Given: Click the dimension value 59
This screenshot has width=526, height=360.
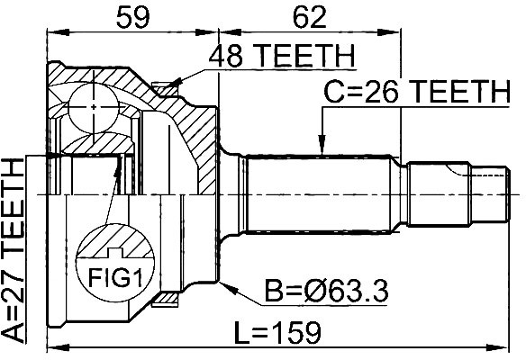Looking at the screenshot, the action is click(132, 17).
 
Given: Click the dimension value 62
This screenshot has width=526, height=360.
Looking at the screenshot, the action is click(309, 17).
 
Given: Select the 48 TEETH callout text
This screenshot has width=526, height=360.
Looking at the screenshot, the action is click(281, 56).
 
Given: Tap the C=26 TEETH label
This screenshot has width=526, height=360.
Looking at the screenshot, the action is click(416, 92).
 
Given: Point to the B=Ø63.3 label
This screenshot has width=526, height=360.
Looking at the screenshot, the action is click(326, 291).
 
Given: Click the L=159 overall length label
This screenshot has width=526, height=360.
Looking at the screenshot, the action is click(277, 332).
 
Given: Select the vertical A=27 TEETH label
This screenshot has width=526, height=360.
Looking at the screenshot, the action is click(14, 249).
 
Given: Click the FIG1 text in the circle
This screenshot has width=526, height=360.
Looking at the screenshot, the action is click(115, 278).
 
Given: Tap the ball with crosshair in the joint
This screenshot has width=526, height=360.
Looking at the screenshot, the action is click(94, 107).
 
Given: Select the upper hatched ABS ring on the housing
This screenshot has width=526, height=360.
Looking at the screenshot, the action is click(164, 89).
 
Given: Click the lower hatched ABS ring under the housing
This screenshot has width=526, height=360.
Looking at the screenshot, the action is click(164, 300).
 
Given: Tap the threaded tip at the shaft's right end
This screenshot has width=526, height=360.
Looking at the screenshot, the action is click(490, 194).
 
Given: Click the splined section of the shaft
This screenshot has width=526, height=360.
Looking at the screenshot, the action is click(318, 194).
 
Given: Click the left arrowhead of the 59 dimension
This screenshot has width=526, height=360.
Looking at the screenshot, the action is click(58, 32).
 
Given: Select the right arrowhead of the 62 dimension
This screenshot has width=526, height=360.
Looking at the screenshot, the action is click(389, 32).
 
